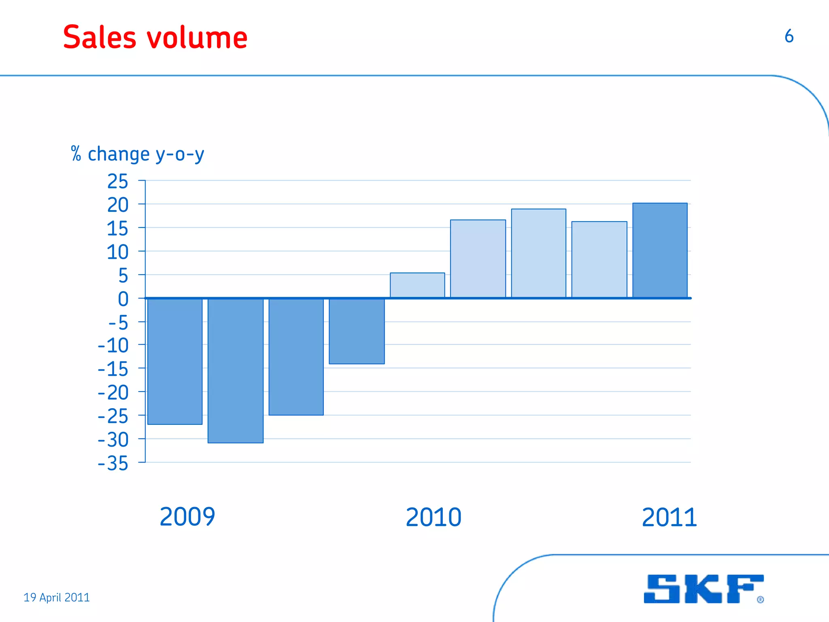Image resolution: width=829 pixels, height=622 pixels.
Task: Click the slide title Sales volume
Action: pyautogui.click(x=155, y=37)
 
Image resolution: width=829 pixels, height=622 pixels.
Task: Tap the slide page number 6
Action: pyautogui.click(x=789, y=36)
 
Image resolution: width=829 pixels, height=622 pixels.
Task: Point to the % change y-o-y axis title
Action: pyautogui.click(x=138, y=154)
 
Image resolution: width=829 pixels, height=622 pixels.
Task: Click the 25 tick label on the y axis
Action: pyautogui.click(x=117, y=181)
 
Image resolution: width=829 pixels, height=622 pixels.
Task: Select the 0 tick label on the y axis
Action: pyautogui.click(x=123, y=299)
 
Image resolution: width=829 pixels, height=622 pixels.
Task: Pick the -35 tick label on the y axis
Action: pyautogui.click(x=113, y=464)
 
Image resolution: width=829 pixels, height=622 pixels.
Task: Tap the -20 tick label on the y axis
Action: pyautogui.click(x=113, y=393)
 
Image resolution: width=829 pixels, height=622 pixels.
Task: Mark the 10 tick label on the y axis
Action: pyautogui.click(x=117, y=252)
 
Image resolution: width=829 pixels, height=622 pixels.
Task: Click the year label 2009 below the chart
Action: pyautogui.click(x=187, y=517)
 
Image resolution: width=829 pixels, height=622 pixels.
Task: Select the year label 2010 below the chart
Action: pyautogui.click(x=434, y=518)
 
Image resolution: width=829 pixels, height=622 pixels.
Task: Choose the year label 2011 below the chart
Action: pyautogui.click(x=670, y=518)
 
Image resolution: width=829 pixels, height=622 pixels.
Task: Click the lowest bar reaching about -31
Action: pyautogui.click(x=236, y=371)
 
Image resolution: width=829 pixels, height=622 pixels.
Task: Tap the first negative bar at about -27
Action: pyautogui.click(x=175, y=361)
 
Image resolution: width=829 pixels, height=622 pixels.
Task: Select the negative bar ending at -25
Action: pyautogui.click(x=296, y=356)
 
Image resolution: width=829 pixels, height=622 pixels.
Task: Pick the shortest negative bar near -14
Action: pyautogui.click(x=357, y=331)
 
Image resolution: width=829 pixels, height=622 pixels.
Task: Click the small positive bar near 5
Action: pyautogui.click(x=417, y=285)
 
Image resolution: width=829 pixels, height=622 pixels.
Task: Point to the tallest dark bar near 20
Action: pyautogui.click(x=660, y=250)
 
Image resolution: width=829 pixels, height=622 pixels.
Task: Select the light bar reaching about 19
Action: pyautogui.click(x=538, y=253)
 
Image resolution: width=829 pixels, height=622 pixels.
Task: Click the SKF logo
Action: pyautogui.click(x=704, y=589)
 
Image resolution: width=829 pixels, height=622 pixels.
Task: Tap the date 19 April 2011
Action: pyautogui.click(x=57, y=597)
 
